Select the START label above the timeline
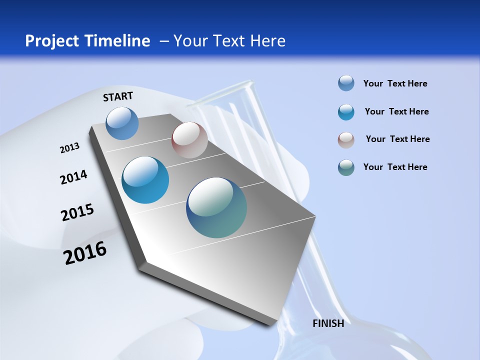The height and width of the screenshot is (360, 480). tap(118, 96)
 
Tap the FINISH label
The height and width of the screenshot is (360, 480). tap(328, 323)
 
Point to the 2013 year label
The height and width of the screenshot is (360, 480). tap(69, 148)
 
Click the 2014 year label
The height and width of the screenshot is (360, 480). tap(73, 177)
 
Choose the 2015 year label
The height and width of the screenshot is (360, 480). tap(77, 212)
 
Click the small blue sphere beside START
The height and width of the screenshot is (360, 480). tap(122, 123)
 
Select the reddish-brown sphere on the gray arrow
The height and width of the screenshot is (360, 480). tap(189, 140)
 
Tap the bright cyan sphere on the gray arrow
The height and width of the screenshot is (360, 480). tap(145, 180)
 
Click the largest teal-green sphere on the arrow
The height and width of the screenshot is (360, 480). tap(216, 207)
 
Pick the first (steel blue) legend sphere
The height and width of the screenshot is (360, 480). tap(346, 83)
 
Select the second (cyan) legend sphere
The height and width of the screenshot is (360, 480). tap(346, 111)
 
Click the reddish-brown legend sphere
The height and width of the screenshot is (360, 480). tap(346, 139)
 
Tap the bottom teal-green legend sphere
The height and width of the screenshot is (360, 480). tap(346, 167)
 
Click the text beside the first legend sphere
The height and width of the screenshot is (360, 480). tap(395, 83)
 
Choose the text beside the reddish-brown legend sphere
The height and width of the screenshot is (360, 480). tap(397, 139)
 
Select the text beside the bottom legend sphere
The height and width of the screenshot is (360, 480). tap(395, 167)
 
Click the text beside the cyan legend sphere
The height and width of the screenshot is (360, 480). tap(396, 111)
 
